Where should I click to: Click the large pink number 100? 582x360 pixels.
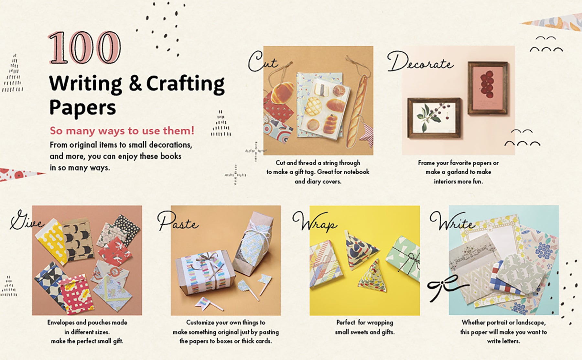[85, 48]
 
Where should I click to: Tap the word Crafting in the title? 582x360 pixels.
[185, 84]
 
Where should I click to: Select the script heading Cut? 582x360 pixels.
[262, 62]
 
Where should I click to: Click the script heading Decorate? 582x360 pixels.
[420, 62]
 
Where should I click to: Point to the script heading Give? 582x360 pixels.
[27, 220]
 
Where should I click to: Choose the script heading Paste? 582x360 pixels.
[178, 221]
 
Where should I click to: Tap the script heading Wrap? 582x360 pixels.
[314, 222]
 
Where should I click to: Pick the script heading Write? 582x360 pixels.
[452, 221]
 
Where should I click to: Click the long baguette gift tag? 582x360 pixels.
[358, 110]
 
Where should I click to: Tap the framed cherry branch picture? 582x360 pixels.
[434, 118]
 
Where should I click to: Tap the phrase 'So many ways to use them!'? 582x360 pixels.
[122, 131]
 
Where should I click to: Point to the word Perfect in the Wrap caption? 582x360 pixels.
[346, 322]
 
